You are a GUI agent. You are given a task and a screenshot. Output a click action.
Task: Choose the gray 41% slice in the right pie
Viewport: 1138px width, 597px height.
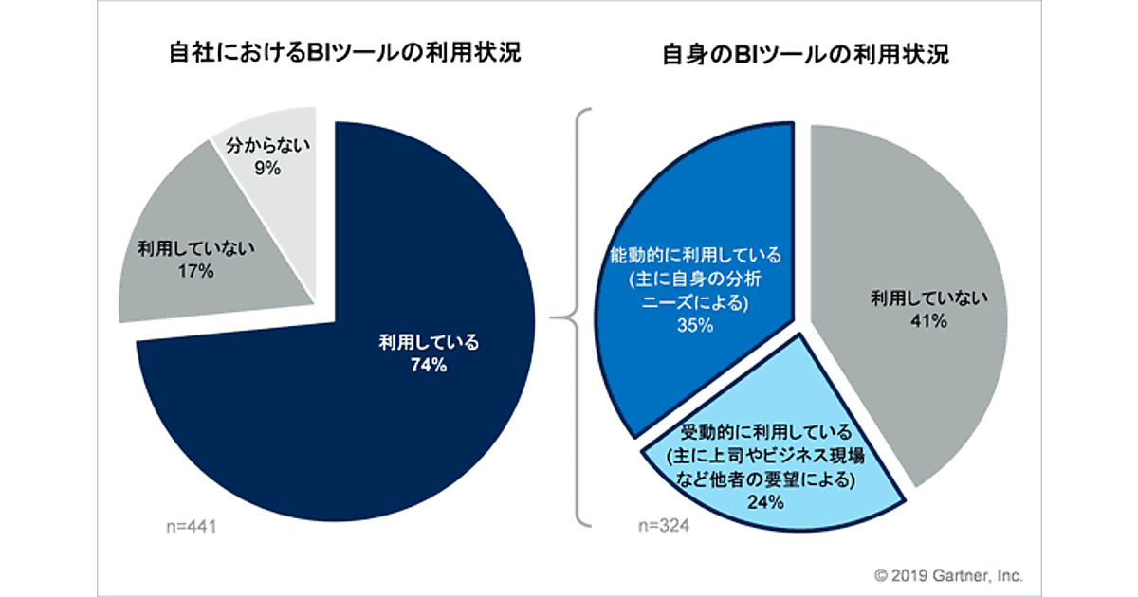click(910, 360)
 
